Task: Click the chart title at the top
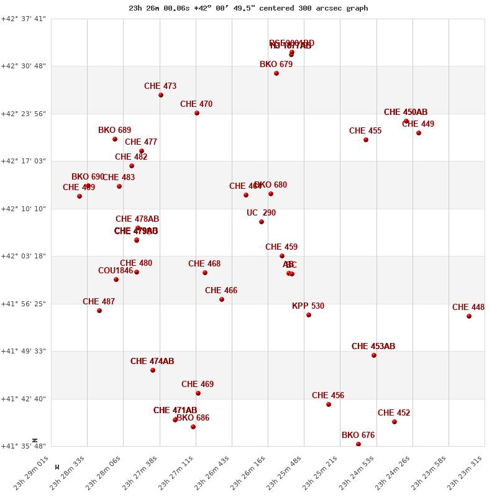point(248,8)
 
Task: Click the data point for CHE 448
point(469,316)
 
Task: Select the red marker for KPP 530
point(309,315)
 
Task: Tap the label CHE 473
point(160,86)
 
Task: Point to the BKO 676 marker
point(358,444)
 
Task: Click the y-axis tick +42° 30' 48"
point(24,66)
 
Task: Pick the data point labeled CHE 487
point(99,311)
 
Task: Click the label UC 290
point(261,213)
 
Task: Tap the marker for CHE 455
point(366,140)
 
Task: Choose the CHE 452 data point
point(394,422)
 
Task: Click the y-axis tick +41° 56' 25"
point(24,304)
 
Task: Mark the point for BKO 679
point(276,73)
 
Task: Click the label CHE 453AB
point(373,347)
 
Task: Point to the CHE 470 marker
point(197,113)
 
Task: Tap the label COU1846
point(116,271)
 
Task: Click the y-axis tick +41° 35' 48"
point(24,446)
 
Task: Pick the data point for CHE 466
point(222,299)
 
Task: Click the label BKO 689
point(114,130)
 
